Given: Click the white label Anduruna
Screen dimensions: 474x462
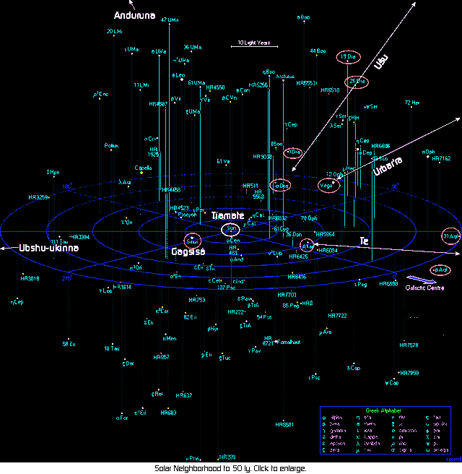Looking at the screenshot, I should [x=134, y=15].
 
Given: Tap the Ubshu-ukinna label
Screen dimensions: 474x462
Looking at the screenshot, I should [x=49, y=248].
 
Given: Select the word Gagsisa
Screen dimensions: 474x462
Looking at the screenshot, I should [x=188, y=252].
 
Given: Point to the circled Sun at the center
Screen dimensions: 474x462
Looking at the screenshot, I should [x=232, y=228].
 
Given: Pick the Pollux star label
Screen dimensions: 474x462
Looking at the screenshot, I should [x=111, y=146].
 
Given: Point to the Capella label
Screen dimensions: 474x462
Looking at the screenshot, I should [x=143, y=168].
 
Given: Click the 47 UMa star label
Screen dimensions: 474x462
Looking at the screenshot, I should [x=170, y=20].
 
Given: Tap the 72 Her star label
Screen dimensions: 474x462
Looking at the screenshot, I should [x=411, y=103].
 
